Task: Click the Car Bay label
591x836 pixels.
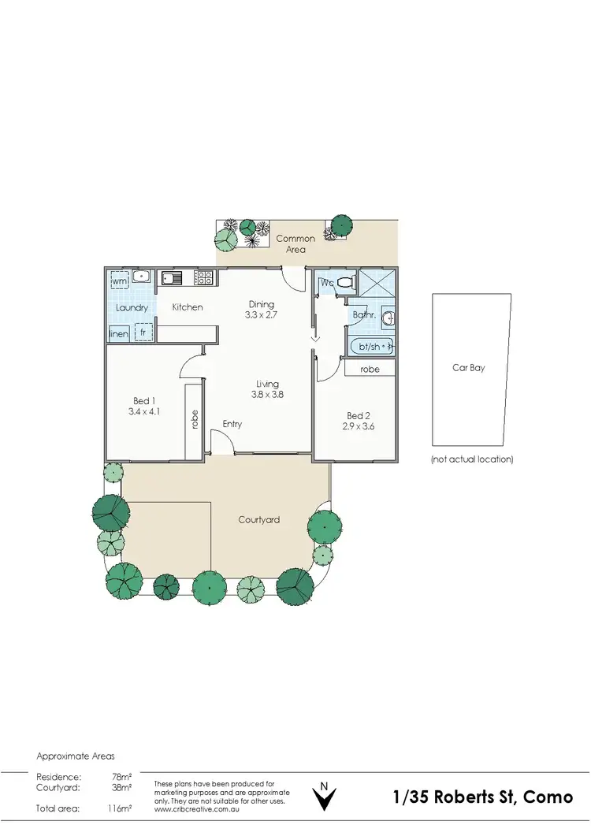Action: [468, 368]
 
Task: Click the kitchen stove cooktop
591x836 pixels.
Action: [203, 277]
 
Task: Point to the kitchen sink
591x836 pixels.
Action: [172, 277]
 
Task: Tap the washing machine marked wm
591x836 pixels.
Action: [120, 281]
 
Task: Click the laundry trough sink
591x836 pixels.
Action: [142, 277]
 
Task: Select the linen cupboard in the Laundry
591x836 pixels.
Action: [118, 334]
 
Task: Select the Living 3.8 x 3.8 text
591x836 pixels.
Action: [267, 395]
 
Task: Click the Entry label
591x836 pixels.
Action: [232, 424]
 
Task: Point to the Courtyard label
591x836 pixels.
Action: [258, 520]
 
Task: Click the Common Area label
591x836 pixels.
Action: [295, 243]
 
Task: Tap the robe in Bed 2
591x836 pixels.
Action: [370, 369]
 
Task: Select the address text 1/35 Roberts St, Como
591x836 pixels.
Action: [483, 797]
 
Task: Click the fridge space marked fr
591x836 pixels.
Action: [143, 333]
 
